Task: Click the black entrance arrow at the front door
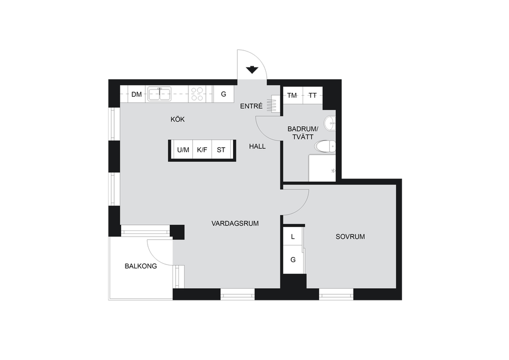coord(252,70)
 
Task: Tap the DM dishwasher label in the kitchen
coord(137,95)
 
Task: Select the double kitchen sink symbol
coord(159,94)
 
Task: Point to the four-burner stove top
coord(197,94)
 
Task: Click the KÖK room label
coord(178,119)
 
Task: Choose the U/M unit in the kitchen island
coord(183,150)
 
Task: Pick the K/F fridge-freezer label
coord(202,150)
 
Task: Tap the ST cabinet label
coord(221,150)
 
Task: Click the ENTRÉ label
coord(251,106)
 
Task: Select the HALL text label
coord(257,147)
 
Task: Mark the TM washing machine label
coord(292,96)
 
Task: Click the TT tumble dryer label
coord(313,96)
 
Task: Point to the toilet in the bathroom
coord(325,147)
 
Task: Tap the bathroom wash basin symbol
coord(330,123)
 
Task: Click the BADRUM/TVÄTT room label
coord(303,133)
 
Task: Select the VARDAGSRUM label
coord(235,224)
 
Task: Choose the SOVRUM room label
coord(350,237)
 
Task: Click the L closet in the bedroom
coord(293,237)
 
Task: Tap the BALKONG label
coord(141,267)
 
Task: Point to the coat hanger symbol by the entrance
coord(272,104)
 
